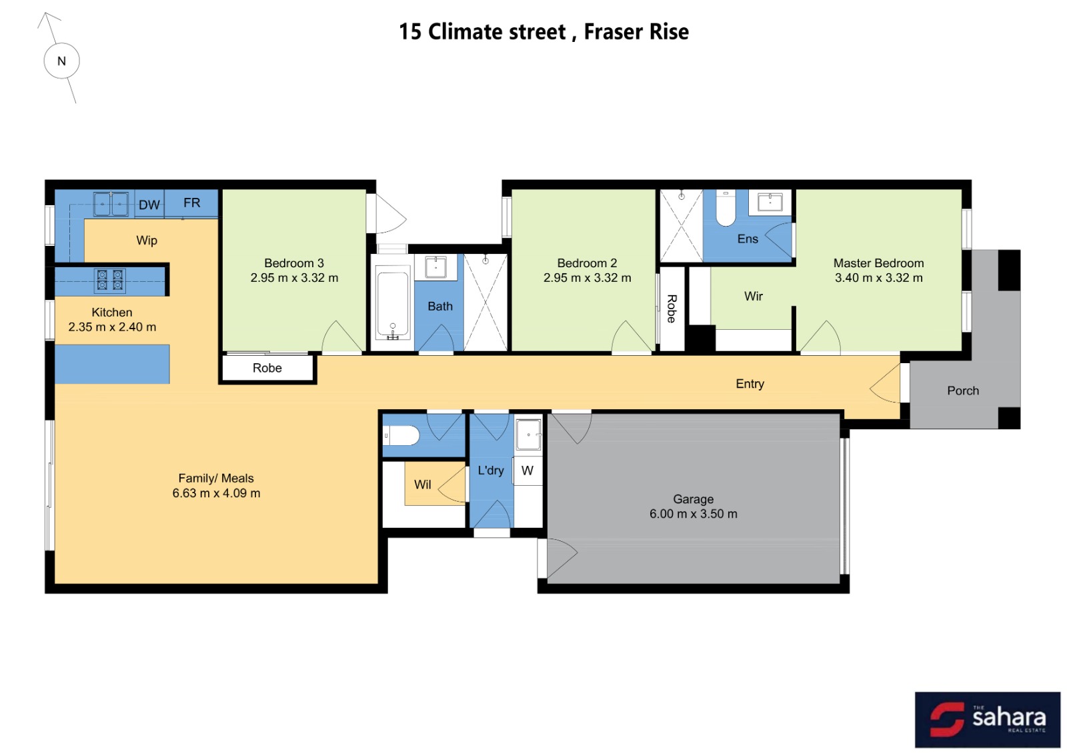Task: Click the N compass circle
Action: [x=61, y=61]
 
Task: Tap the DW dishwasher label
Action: [x=149, y=205]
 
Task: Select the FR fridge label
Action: [x=191, y=203]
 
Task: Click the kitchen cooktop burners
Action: [x=110, y=279]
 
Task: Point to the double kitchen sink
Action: [x=111, y=204]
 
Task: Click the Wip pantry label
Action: [x=147, y=240]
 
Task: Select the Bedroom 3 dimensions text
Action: [x=294, y=278]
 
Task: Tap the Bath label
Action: [x=439, y=307]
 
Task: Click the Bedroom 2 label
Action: [x=587, y=263]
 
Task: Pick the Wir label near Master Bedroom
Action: [x=753, y=296]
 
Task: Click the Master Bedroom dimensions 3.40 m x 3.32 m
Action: [x=878, y=278]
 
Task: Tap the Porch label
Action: [x=962, y=390]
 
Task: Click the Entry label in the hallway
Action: [x=750, y=384]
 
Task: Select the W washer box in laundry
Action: [x=527, y=470]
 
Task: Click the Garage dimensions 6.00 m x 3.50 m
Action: [x=693, y=514]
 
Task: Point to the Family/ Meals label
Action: [x=215, y=478]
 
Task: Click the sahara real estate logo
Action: [x=987, y=719]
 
